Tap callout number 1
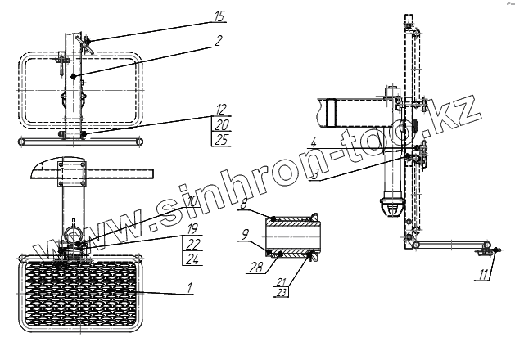point(188,287)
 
